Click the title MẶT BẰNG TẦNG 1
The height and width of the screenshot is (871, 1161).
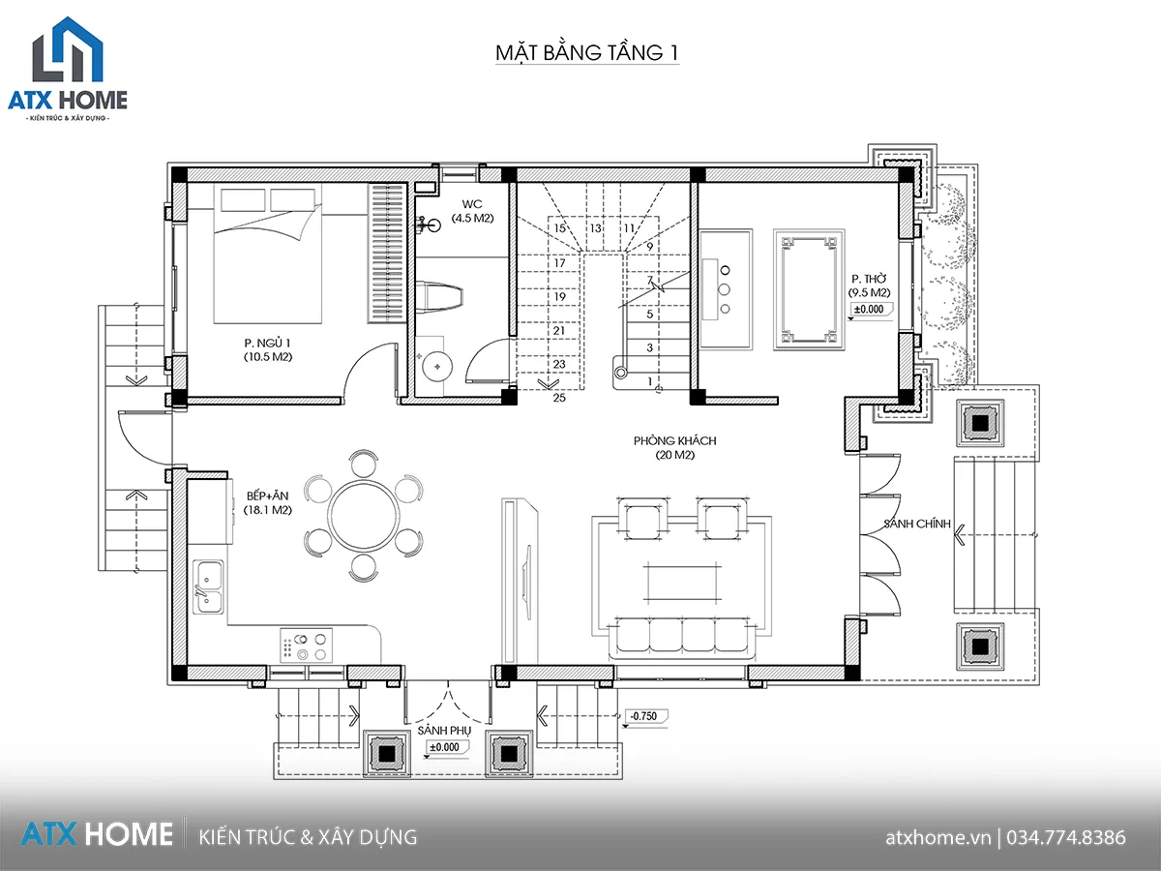586,53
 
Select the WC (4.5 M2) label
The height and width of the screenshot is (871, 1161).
472,211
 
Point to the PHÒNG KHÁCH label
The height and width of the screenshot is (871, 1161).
675,440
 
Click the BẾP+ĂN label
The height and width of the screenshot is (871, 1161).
268,496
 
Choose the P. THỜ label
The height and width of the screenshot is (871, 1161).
869,279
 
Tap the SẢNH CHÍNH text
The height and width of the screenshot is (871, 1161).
917,524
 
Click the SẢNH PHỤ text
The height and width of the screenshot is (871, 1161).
444,731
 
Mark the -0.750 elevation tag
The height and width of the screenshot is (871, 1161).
644,716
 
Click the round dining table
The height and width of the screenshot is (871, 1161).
364,515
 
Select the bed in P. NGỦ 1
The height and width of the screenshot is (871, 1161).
268,254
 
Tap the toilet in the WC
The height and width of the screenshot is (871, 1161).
439,297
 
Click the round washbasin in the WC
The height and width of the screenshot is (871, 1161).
437,366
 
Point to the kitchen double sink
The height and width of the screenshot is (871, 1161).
208,587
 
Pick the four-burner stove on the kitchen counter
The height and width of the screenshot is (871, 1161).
307,646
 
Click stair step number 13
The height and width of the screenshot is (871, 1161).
596,228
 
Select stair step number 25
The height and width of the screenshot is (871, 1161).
559,398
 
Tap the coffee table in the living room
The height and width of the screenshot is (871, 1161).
682,583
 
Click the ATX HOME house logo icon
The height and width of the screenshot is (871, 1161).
68,49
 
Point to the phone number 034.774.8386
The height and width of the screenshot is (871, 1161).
1066,838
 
